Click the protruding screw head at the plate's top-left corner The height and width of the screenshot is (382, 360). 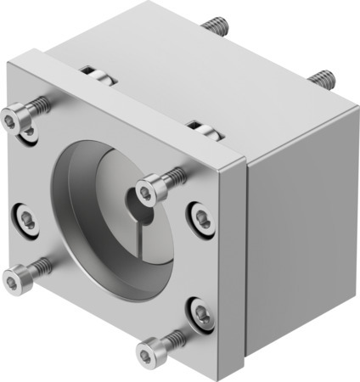coord(12,121)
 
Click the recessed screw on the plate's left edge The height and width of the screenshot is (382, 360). coord(27,222)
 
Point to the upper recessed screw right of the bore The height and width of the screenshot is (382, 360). coord(200,218)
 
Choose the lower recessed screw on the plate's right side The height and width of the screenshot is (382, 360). coord(200,314)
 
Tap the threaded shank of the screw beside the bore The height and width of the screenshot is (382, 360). coord(174,176)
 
